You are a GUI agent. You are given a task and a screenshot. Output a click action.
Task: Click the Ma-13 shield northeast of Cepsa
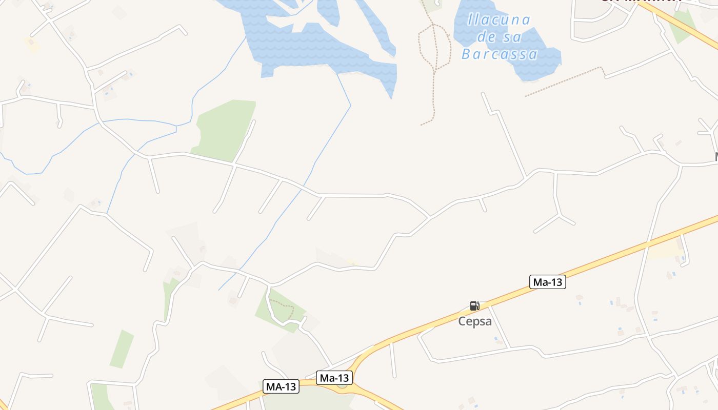(547, 282)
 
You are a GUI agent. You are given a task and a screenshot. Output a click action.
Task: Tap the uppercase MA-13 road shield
(281, 386)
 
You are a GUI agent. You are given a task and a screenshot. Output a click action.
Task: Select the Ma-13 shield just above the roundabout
(334, 378)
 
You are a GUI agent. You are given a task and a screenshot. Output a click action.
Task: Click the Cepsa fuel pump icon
(474, 306)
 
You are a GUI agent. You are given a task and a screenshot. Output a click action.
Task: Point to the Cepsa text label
(475, 322)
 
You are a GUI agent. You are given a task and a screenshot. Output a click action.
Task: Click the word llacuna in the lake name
(498, 20)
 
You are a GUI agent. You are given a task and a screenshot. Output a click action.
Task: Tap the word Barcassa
(500, 54)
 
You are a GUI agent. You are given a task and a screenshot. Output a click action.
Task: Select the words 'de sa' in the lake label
(499, 37)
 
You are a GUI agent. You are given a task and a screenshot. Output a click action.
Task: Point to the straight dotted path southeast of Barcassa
(564, 81)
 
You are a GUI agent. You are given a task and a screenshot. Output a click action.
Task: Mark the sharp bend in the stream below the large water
(350, 106)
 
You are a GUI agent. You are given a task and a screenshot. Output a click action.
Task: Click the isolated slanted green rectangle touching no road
(122, 349)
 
